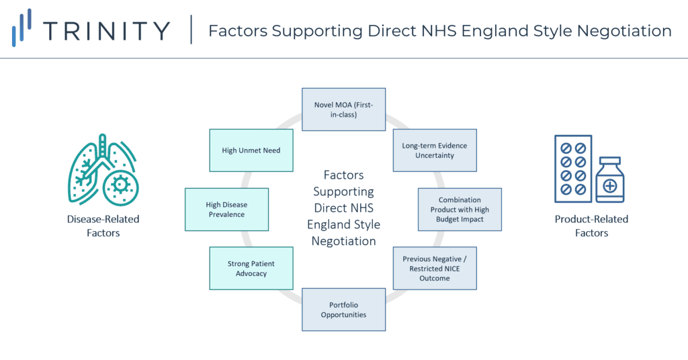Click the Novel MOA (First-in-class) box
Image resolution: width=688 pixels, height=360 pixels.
343,109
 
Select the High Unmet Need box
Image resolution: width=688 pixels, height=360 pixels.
251,150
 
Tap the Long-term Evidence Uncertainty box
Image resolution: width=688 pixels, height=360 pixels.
435,150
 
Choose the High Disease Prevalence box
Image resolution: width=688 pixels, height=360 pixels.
226,210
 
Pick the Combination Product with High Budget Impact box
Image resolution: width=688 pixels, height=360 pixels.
460,210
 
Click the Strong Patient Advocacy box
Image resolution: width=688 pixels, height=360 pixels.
251,269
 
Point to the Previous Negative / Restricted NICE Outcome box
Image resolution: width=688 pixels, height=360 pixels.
435,269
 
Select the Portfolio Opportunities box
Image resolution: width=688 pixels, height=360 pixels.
343,310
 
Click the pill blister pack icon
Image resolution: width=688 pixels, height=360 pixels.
573,169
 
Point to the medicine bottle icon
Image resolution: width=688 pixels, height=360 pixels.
610,180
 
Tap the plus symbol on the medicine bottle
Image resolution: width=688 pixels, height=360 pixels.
610,186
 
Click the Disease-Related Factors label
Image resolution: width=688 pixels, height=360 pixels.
103,226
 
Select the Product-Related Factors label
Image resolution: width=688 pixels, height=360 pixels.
591,226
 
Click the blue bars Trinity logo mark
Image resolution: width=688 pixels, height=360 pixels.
21,27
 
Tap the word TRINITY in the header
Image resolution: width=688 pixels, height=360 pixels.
107,31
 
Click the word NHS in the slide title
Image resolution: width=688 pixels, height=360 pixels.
439,31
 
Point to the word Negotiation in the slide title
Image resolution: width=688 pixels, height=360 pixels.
624,31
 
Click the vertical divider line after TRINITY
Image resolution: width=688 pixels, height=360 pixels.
191,30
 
